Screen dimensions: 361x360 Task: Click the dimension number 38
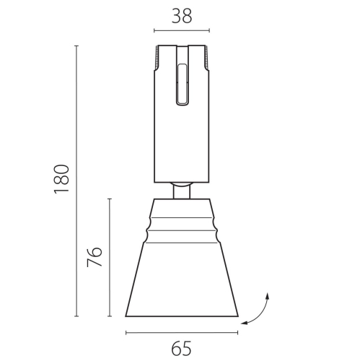pos(182,16)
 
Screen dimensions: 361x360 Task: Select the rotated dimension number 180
pos(62,178)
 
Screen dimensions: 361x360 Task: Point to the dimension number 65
pos(182,349)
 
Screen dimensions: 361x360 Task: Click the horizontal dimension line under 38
pos(182,31)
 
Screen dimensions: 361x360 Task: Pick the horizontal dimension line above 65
pos(182,333)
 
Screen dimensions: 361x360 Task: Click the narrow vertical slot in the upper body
pos(182,83)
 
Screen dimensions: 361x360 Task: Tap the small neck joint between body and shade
pos(182,190)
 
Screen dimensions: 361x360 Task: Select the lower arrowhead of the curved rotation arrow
pos(244,323)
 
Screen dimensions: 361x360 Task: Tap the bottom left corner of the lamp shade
pos(126,316)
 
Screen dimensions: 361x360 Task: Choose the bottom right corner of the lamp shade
pos(237,316)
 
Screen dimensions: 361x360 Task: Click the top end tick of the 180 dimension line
pos(76,45)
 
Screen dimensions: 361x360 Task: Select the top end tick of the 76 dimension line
pos(110,199)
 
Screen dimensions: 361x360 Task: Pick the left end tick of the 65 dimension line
pos(126,333)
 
